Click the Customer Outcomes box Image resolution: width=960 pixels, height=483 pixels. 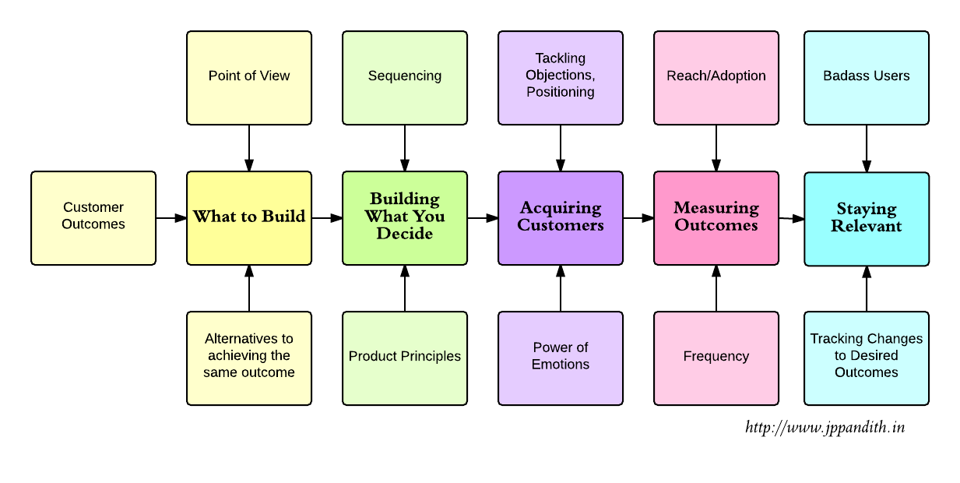93,218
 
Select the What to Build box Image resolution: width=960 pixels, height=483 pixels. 249,218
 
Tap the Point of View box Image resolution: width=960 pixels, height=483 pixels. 249,77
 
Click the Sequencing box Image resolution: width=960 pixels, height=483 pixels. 405,77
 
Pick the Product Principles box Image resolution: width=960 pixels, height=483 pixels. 405,358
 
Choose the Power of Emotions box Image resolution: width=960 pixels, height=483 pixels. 561,358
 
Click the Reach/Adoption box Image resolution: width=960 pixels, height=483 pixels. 716,77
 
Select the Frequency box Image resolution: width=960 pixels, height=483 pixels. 716,358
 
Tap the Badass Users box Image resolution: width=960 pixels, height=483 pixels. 867,77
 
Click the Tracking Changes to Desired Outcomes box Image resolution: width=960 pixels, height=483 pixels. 867,358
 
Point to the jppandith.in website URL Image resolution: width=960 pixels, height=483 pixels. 825,427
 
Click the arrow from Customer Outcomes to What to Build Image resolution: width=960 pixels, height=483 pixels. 171,219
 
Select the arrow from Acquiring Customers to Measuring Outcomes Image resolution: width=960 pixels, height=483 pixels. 638,219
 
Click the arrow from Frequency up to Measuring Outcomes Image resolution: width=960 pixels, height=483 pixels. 716,288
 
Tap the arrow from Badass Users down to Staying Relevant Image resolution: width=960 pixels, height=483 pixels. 867,148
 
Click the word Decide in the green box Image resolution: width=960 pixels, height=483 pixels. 404,234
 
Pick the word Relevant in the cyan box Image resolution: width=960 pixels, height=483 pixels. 866,227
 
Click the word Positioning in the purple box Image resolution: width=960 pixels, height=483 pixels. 560,92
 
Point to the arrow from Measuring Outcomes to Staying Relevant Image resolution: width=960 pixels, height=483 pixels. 792,219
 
